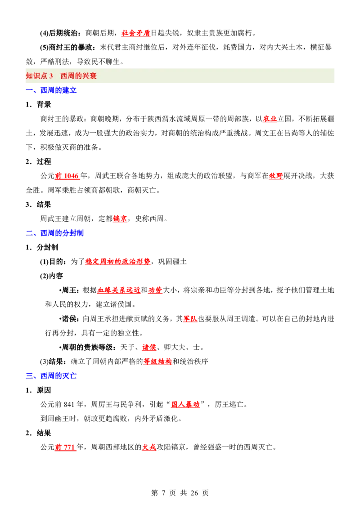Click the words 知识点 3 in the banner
click(39, 76)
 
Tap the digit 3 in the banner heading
click(51, 76)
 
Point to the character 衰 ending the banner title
click(93, 76)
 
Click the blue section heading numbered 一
click(52, 90)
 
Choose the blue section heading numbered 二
click(55, 232)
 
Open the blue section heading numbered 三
click(52, 375)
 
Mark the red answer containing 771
click(66, 447)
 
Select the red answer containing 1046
click(67, 177)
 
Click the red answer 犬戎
click(149, 447)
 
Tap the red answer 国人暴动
click(185, 404)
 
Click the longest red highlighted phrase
click(117, 261)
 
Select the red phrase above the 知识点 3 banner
click(135, 33)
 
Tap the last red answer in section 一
click(120, 219)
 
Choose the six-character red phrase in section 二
click(119, 290)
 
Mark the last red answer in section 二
click(157, 362)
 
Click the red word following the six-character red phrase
click(155, 290)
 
